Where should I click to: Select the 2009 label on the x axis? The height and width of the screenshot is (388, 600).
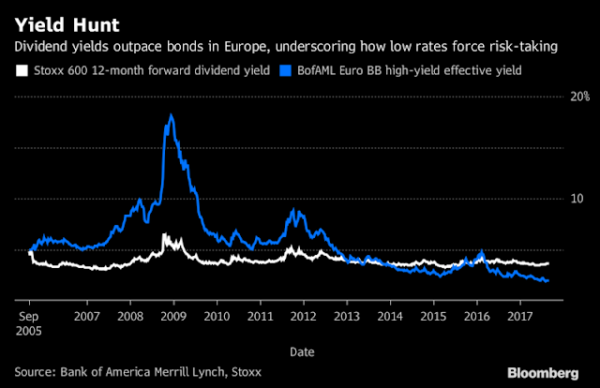tap(172, 318)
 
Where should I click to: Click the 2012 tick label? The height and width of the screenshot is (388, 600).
tap(303, 318)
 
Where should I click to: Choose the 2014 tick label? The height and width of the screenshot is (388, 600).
tap(389, 318)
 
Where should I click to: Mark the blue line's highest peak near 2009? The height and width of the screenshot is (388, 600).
tap(171, 115)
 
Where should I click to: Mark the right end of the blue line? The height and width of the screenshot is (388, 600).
tap(548, 280)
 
